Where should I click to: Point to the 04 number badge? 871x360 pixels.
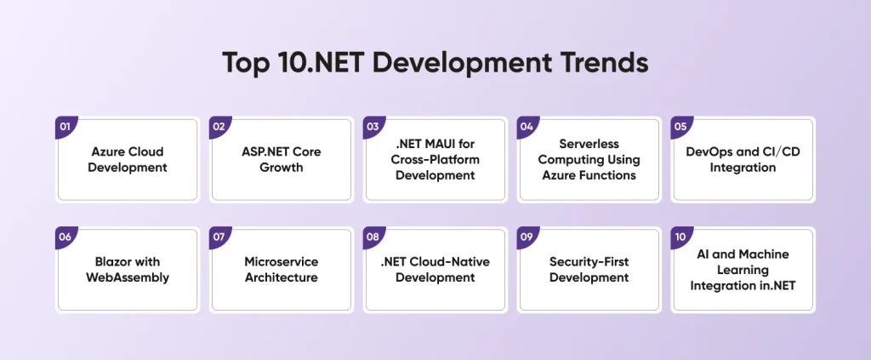click(527, 127)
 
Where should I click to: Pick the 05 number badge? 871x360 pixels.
click(681, 127)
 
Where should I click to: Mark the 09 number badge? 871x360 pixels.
click(527, 237)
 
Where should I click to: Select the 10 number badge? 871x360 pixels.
click(681, 237)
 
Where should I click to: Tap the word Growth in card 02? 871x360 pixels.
click(282, 167)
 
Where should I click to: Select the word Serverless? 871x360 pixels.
click(589, 144)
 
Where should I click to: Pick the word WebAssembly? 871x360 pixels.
click(128, 277)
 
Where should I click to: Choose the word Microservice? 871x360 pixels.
click(282, 261)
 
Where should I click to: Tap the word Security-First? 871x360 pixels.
click(589, 261)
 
